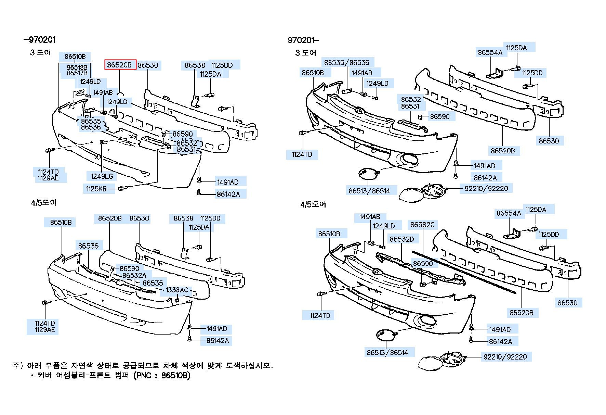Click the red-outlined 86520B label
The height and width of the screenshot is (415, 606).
pos(120,65)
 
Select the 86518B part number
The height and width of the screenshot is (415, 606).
pos(77,67)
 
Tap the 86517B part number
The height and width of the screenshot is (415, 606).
pos(77,73)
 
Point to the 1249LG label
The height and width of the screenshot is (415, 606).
pos(102,176)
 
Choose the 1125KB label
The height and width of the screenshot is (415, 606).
pos(96,189)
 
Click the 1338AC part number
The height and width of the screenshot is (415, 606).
pos(177,290)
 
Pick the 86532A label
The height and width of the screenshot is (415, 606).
pos(134,275)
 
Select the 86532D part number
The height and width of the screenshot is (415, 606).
pos(402,239)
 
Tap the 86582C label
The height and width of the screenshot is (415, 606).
pos(422,225)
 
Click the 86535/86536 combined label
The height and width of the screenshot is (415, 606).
pos(347,62)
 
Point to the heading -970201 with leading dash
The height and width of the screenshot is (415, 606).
pos(39,40)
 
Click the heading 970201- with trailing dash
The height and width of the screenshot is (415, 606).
pos(304,40)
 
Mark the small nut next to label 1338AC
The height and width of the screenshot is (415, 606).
pos(177,300)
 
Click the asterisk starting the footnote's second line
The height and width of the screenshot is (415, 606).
pos(32,376)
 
